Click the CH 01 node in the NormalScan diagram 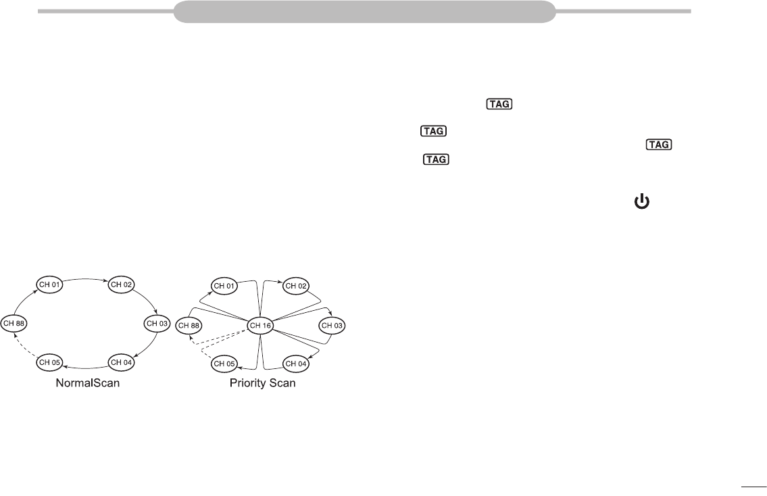point(50,284)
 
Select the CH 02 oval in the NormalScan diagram point(121,284)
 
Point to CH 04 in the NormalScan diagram point(121,363)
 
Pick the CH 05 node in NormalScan point(50,363)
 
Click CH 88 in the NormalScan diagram point(14,324)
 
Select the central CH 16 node point(261,325)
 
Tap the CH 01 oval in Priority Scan point(224,285)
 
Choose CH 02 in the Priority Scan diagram point(295,285)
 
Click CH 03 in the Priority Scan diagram point(331,325)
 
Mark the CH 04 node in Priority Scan point(295,364)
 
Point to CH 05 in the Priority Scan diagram point(224,364)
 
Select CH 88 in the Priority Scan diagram point(189,325)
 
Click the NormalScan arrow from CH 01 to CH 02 point(86,278)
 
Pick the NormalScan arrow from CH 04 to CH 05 point(86,368)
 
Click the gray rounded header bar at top point(365,11)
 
